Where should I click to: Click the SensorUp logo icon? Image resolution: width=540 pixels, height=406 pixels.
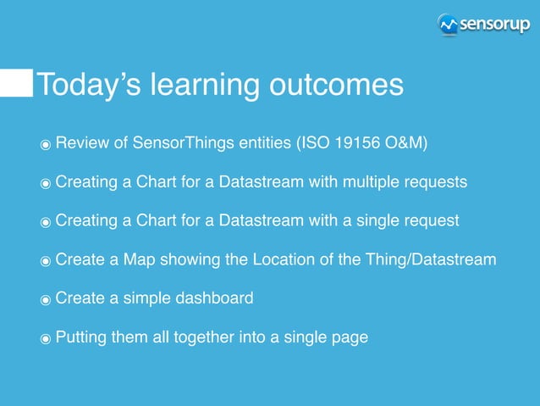point(449,25)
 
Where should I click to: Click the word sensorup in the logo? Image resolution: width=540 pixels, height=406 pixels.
point(495,24)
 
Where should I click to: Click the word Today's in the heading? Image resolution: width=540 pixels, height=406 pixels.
point(89,85)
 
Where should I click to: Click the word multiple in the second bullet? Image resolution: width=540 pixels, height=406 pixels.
point(377,182)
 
